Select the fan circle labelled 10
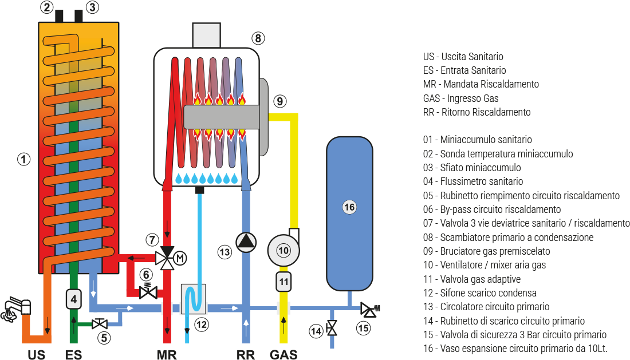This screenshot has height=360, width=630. point(283,250)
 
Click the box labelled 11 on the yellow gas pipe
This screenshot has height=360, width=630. point(283,281)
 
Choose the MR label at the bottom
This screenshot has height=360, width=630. point(167,354)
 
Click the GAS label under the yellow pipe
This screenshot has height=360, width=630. point(283,354)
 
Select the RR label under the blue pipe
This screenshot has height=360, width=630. point(246,354)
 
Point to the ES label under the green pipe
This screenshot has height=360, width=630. point(73,354)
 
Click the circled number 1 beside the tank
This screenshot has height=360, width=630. point(23,160)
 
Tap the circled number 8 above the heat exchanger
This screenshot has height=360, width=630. point(258,38)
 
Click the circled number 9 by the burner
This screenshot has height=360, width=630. point(279,101)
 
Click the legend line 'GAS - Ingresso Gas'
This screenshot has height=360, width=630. point(461,98)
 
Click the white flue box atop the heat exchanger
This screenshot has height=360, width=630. point(207,35)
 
